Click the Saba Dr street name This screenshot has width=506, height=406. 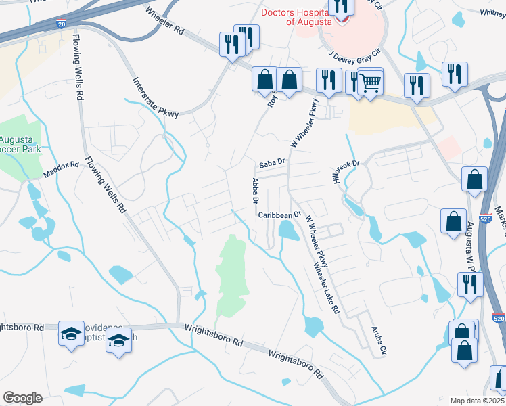(273, 164)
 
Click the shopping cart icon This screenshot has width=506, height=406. (369, 84)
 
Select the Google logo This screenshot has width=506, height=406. (22, 398)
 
